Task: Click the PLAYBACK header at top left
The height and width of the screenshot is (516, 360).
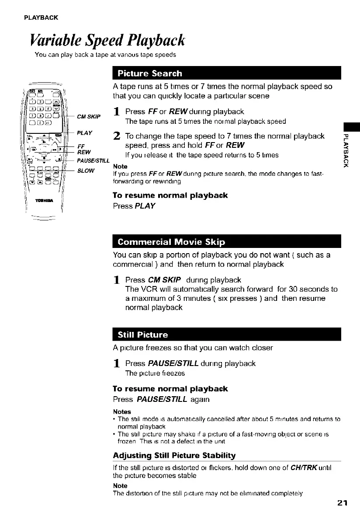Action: (42, 17)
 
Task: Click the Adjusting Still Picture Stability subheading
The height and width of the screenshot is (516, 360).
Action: (174, 456)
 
